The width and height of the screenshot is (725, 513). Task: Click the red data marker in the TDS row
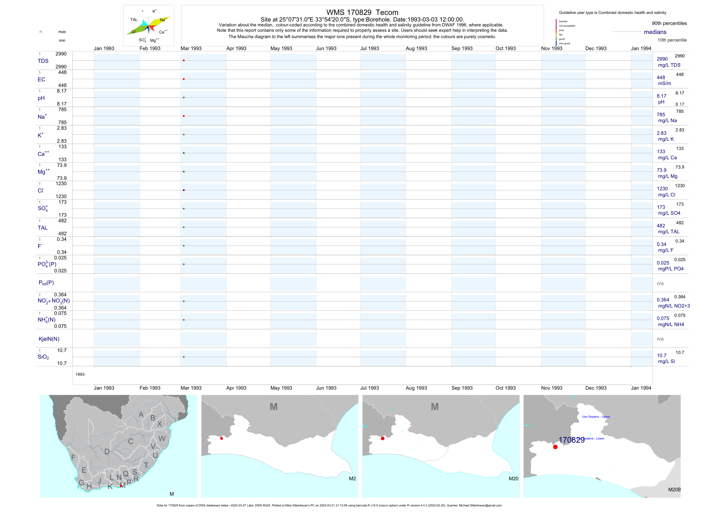tap(184, 60)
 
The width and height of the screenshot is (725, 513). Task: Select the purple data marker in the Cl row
tap(184, 190)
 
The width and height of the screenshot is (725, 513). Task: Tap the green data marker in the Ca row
tap(184, 153)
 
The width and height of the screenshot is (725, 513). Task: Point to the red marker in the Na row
tap(184, 116)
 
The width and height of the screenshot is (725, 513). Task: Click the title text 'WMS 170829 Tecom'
tap(362, 12)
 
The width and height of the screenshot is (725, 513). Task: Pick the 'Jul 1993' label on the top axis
tap(369, 48)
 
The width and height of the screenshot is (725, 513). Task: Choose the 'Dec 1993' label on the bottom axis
tap(596, 388)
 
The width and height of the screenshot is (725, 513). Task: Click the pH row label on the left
tap(41, 98)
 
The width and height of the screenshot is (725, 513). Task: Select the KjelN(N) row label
tap(49, 339)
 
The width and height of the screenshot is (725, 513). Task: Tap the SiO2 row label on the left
tap(43, 357)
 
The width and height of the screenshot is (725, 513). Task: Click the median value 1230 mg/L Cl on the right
tap(662, 189)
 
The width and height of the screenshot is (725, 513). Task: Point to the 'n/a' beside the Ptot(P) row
tap(660, 283)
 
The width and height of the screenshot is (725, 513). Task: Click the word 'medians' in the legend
tap(655, 32)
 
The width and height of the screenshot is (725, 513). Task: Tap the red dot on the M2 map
tap(222, 438)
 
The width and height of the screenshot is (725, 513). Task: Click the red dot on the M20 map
tap(383, 438)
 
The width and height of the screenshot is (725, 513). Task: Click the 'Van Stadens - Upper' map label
tap(596, 417)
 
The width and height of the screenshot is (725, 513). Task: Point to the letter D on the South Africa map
tap(107, 452)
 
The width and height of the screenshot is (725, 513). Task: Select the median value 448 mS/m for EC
tap(661, 77)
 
